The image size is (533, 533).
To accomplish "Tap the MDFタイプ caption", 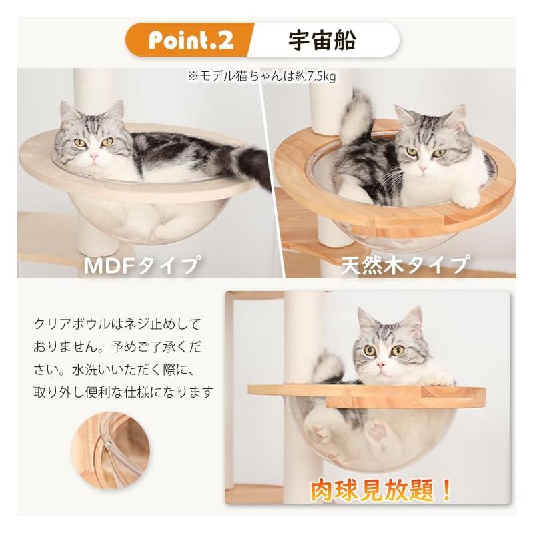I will pos(141,265).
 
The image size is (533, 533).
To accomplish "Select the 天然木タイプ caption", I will pos(403,265).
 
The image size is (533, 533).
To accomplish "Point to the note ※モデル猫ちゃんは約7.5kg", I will pos(261,77).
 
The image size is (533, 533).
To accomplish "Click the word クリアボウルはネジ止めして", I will pos(117,324).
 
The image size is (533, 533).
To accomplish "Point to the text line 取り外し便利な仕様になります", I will pos(124,391).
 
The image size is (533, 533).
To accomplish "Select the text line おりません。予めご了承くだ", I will pos(117,346).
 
